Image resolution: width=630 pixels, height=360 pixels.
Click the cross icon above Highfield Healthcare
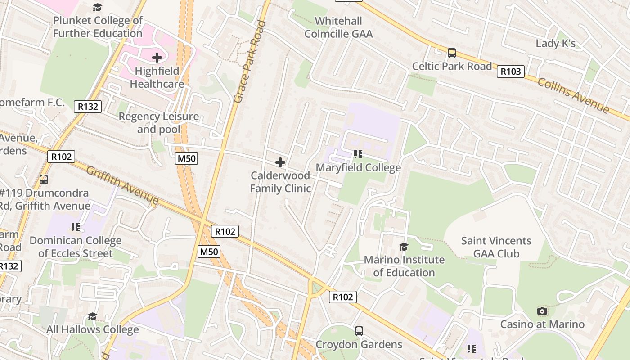pyautogui.click(x=157, y=58)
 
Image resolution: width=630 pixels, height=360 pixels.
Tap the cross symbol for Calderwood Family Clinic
pyautogui.click(x=280, y=162)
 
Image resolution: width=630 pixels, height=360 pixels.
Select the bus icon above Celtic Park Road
pyautogui.click(x=452, y=53)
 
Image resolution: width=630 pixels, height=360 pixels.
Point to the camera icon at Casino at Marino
pyautogui.click(x=542, y=311)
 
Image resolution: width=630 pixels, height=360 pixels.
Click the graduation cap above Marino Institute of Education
pyautogui.click(x=404, y=247)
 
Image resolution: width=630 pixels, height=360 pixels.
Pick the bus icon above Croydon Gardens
pyautogui.click(x=359, y=331)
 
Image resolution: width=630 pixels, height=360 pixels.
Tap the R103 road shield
pyautogui.click(x=511, y=71)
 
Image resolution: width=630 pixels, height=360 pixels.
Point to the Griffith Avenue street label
pyautogui.click(x=122, y=185)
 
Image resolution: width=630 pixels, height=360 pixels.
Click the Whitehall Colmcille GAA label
pyautogui.click(x=339, y=27)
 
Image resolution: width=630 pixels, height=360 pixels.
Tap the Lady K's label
pyautogui.click(x=556, y=44)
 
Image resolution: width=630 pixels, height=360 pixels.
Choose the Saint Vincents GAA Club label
pyautogui.click(x=496, y=247)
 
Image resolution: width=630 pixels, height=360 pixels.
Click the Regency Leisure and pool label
pyautogui.click(x=158, y=123)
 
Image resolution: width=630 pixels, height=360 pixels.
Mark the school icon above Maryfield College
pyautogui.click(x=358, y=154)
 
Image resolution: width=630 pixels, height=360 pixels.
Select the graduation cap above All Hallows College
pyautogui.click(x=92, y=316)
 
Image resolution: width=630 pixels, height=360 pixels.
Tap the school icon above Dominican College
pyautogui.click(x=76, y=227)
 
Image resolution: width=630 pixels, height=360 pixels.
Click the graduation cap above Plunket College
pyautogui.click(x=98, y=7)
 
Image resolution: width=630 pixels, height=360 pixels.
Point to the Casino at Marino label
pyautogui.click(x=542, y=324)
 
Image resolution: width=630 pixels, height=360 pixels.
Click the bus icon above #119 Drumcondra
pyautogui.click(x=44, y=180)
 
